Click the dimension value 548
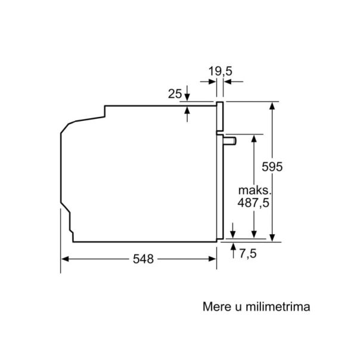[144, 259]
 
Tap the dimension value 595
[272, 167]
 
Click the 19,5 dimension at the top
[220, 72]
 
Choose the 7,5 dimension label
[248, 254]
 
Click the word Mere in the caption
[216, 308]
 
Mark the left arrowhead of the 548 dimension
[65, 259]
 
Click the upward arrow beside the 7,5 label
[232, 246]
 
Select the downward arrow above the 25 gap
[188, 98]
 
